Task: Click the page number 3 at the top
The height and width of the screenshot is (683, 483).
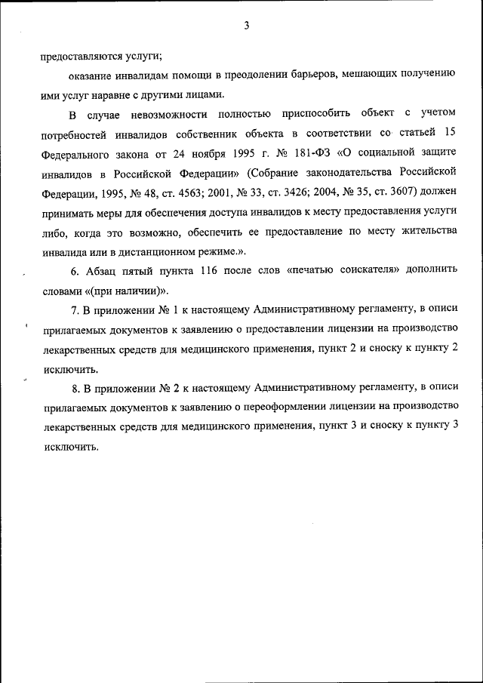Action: [x=246, y=26]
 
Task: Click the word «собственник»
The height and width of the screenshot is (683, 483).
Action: [x=217, y=134]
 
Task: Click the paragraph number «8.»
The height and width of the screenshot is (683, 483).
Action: [x=76, y=388]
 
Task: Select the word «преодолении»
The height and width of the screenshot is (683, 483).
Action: [x=250, y=75]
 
